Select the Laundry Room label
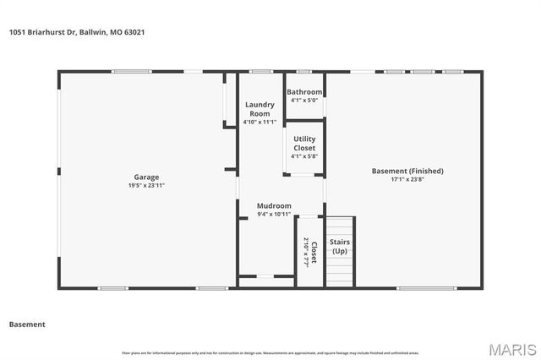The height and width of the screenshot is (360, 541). point(259,109)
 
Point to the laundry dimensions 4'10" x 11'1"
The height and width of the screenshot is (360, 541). point(260,122)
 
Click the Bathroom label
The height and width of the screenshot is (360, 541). point(304,91)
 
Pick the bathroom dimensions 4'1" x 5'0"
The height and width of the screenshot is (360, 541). point(304,101)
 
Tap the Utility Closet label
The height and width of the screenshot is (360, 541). point(304,143)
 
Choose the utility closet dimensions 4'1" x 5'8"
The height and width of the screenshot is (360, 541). point(304,155)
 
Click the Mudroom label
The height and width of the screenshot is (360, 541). point(274,205)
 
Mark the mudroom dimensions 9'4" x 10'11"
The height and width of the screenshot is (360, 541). point(274,215)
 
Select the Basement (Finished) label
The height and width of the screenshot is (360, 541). point(407,171)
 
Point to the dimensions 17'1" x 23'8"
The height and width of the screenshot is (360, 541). point(407,179)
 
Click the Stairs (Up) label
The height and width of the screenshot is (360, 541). point(340,246)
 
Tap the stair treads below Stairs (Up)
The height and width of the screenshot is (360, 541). point(340,271)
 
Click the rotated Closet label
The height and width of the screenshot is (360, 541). point(314,251)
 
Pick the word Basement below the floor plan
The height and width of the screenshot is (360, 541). point(27,325)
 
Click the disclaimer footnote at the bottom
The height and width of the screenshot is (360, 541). point(270,352)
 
